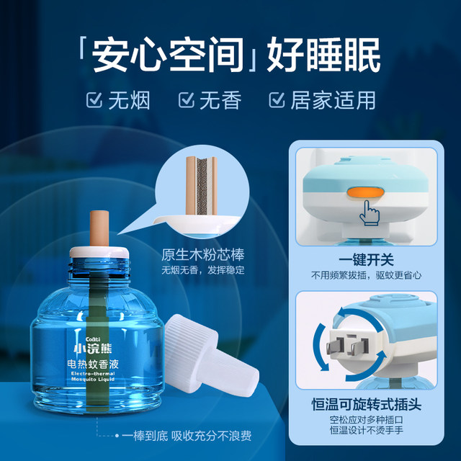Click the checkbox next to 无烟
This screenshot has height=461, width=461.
point(94,99)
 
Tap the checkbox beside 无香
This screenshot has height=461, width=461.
point(186,99)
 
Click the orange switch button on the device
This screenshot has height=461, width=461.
point(363,192)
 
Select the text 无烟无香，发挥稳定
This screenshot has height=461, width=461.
point(204,271)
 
